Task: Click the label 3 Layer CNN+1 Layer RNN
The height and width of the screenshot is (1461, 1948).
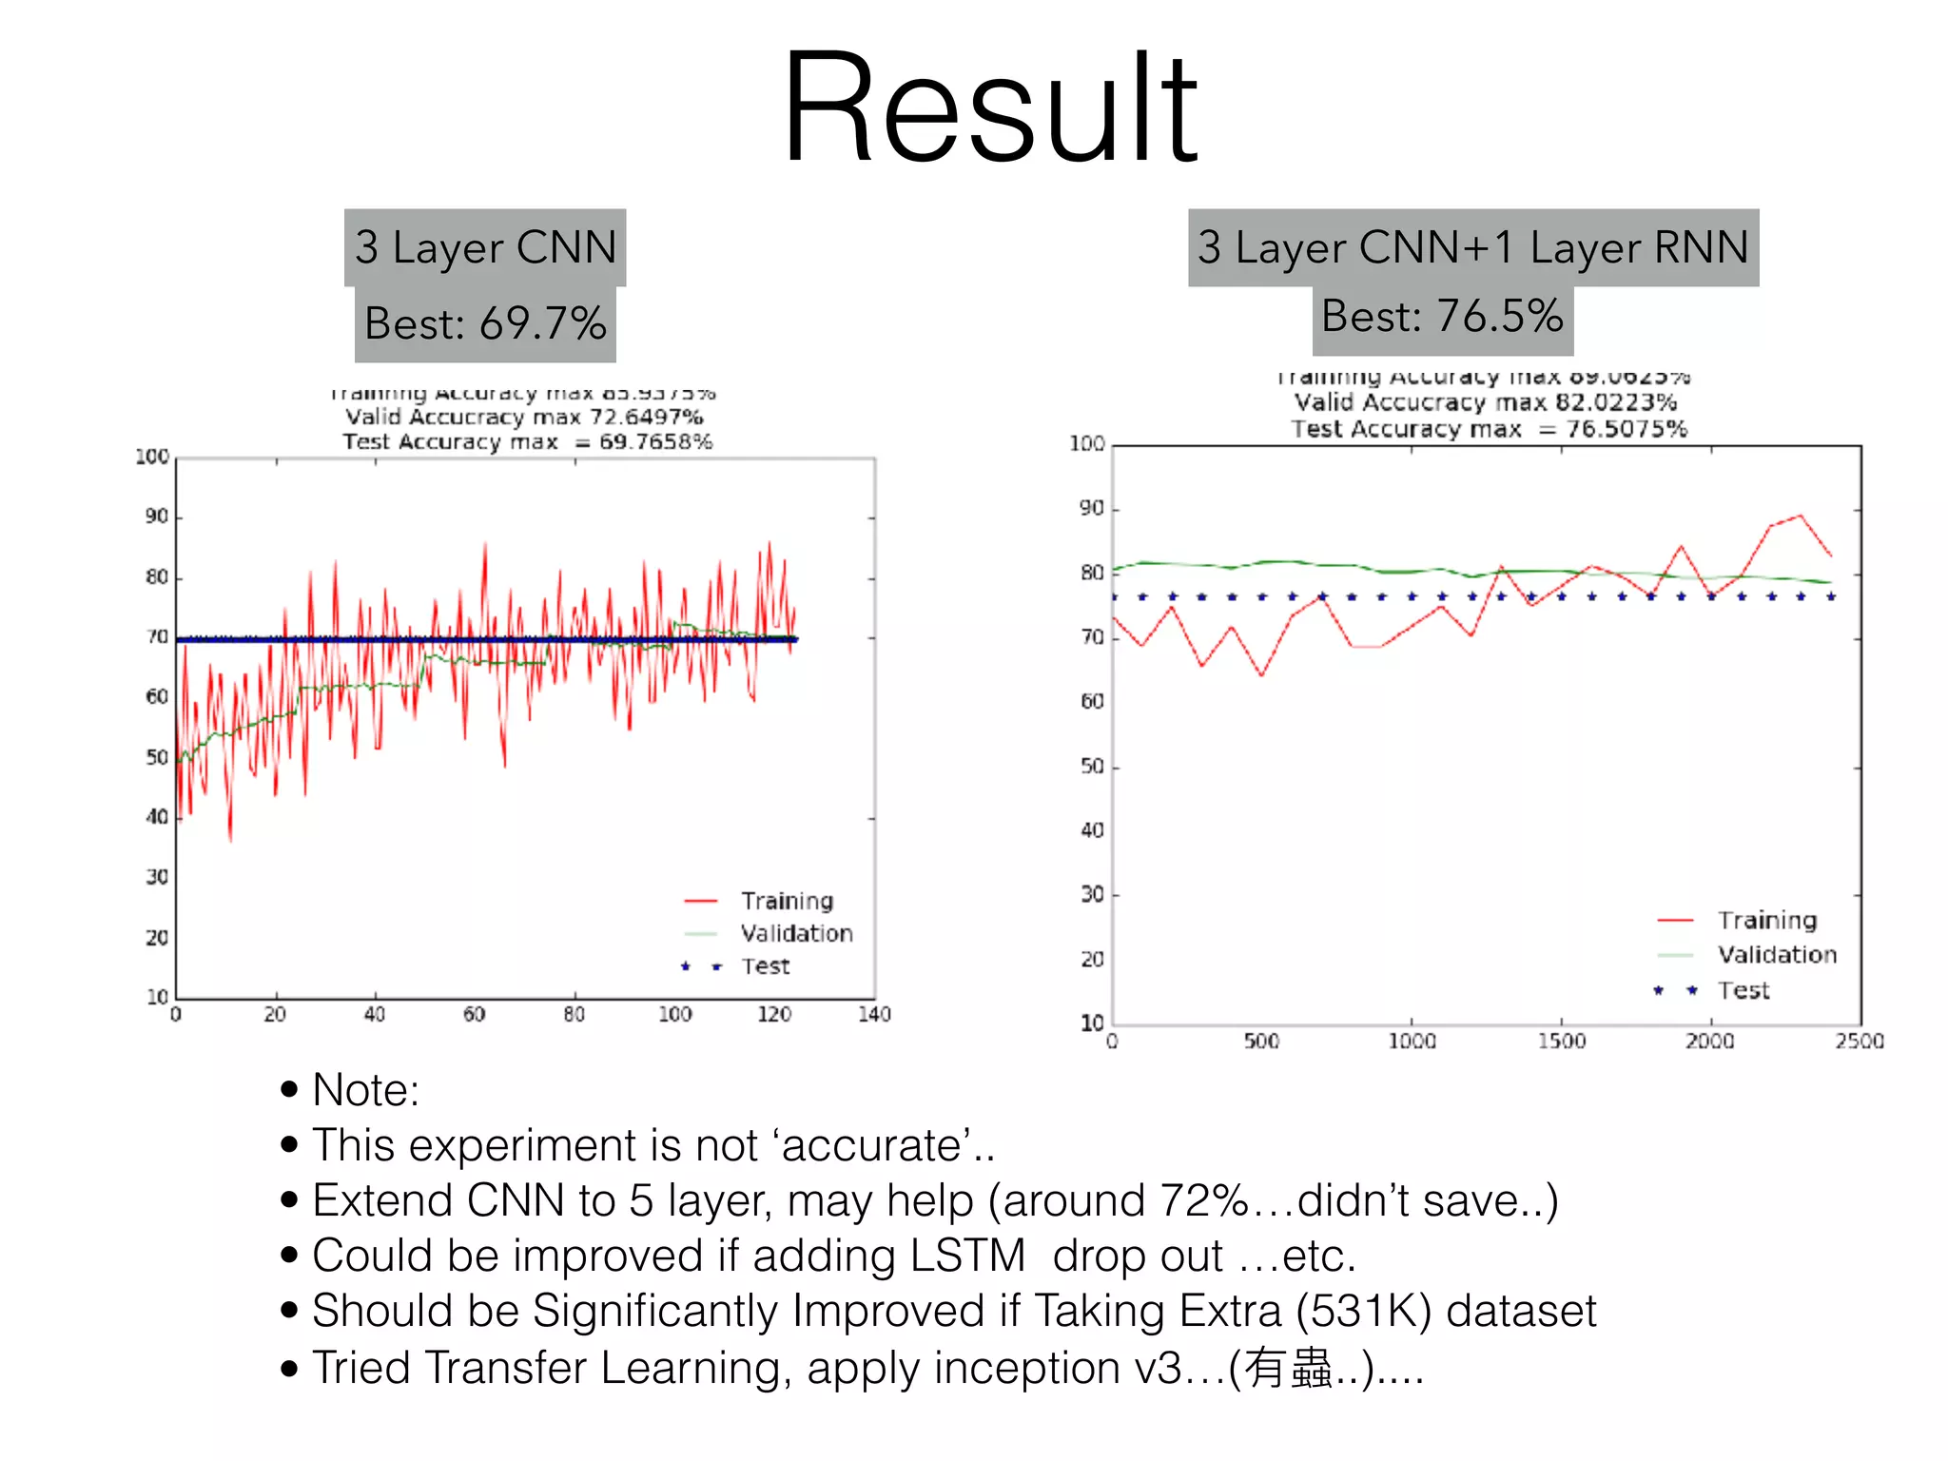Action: pyautogui.click(x=1472, y=247)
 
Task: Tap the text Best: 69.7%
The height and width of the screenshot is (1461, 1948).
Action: pyautogui.click(x=485, y=323)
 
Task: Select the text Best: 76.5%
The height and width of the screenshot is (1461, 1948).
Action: pyautogui.click(x=1442, y=316)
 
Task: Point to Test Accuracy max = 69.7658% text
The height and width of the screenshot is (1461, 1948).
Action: pyautogui.click(x=528, y=442)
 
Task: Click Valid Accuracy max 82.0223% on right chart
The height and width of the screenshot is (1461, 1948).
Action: pyautogui.click(x=1485, y=402)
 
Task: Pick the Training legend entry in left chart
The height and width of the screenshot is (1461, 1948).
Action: pyautogui.click(x=787, y=901)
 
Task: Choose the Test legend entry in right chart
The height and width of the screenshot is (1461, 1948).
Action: pyautogui.click(x=1743, y=990)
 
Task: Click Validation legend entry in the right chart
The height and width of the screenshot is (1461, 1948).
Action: pyautogui.click(x=1776, y=954)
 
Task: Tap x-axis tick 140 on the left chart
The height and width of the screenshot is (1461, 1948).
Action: pyautogui.click(x=873, y=1015)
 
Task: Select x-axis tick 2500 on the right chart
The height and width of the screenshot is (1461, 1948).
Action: pyautogui.click(x=1859, y=1042)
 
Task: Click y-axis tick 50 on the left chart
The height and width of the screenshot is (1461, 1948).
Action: pyautogui.click(x=157, y=758)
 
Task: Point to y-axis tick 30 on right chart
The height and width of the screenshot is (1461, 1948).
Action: pyautogui.click(x=1092, y=895)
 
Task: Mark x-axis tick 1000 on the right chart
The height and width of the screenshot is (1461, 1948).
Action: pyautogui.click(x=1412, y=1042)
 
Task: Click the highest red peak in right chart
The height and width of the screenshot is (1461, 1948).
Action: pyautogui.click(x=1800, y=516)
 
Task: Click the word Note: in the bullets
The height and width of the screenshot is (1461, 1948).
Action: pyautogui.click(x=365, y=1090)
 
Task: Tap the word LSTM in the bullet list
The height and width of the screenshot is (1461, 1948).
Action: pyautogui.click(x=966, y=1256)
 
